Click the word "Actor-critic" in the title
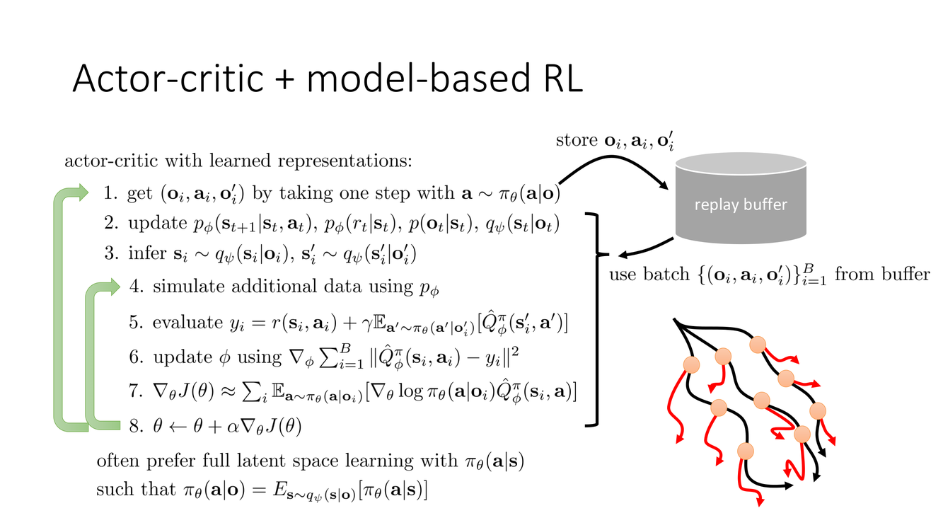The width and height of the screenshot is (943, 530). pos(168,79)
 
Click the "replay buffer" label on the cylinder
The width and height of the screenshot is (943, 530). pos(741,204)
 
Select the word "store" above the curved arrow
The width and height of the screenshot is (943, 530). pos(577,140)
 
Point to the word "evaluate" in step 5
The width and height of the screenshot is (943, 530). pos(187,323)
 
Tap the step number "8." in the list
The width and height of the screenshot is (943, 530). pos(137,426)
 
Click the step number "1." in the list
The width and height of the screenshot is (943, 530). pos(111,192)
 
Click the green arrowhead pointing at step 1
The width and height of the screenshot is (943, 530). pos(81,192)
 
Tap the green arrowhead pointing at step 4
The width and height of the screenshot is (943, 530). pos(112,287)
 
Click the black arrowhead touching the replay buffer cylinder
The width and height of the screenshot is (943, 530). pos(663,185)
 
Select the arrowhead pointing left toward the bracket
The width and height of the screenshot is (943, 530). pos(623,255)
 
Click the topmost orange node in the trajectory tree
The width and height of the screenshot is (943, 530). pos(758,345)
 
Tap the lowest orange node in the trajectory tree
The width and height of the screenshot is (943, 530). pos(746,451)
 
